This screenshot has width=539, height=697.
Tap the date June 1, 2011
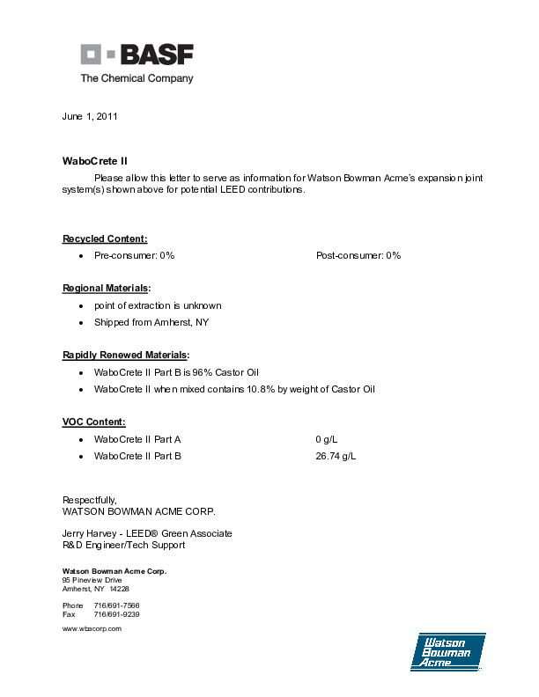click(90, 116)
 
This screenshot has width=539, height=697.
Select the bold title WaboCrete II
click(95, 161)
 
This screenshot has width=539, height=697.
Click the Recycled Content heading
click(105, 238)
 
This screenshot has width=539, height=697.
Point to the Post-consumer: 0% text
click(358, 255)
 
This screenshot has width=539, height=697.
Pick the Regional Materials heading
click(107, 288)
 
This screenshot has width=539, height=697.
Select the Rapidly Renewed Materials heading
click(126, 355)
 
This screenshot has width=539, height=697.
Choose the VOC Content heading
click(94, 422)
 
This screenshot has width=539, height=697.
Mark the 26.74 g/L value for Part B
click(336, 456)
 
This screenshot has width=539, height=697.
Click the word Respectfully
click(90, 500)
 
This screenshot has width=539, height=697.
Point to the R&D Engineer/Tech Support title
click(123, 545)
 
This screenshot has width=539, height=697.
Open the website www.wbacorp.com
click(92, 629)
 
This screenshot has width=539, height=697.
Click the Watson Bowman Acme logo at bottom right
click(447, 652)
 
